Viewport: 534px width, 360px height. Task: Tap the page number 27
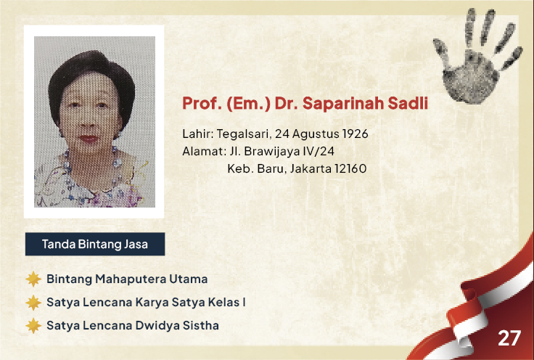tap(509, 338)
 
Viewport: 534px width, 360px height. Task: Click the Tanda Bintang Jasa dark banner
tap(95, 244)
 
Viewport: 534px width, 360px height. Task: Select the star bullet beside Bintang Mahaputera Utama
tap(33, 279)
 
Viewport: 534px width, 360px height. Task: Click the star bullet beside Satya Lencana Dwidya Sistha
tap(33, 326)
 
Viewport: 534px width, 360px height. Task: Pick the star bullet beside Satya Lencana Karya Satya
tap(33, 303)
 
